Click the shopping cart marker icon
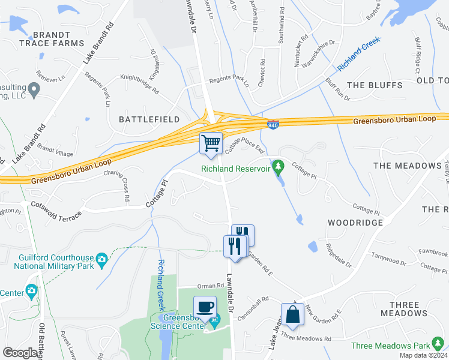211,143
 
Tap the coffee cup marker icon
205,307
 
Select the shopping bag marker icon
292,314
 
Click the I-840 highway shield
272,124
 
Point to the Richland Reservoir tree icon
277,166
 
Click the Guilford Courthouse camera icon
101,259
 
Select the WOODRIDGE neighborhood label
355,223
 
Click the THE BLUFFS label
375,85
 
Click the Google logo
20,353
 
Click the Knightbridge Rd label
139,85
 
